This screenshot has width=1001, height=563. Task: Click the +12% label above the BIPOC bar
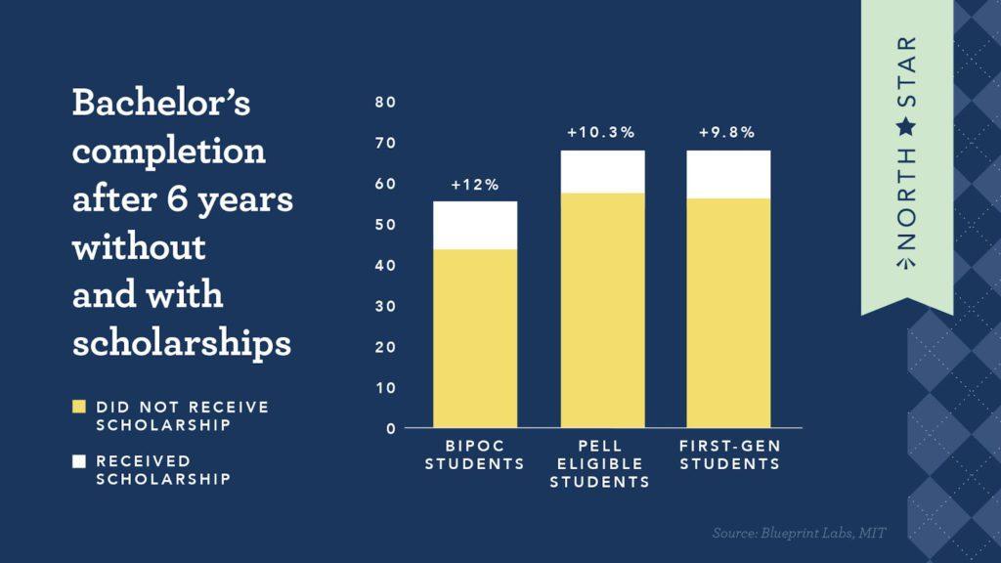point(475,185)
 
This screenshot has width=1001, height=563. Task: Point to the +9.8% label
point(727,133)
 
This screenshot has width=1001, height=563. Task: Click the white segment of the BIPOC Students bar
point(475,226)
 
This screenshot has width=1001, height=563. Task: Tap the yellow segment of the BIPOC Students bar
point(475,338)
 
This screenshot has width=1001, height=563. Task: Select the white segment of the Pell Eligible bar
point(602,172)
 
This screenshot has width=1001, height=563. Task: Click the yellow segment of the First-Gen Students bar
point(728,313)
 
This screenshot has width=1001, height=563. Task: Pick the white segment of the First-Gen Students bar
point(728,175)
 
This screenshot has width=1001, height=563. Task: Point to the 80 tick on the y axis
point(385,103)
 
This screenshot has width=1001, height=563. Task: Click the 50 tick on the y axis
point(385,225)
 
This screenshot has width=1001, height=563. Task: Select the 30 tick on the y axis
point(385,307)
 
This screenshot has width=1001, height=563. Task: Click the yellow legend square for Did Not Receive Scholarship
point(79,407)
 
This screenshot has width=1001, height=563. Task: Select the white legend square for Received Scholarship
point(79,460)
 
